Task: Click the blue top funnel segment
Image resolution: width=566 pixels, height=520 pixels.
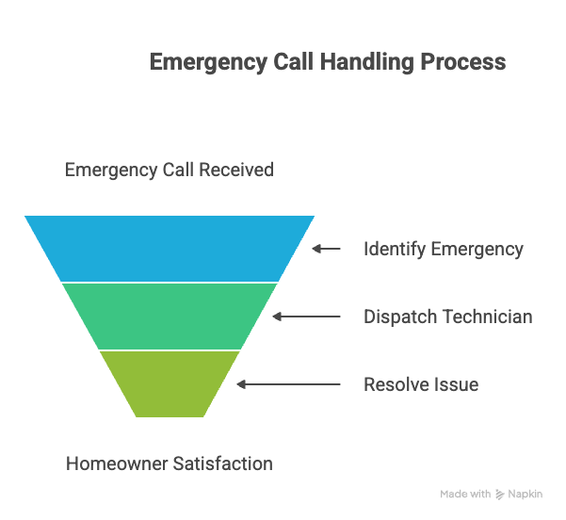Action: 170,248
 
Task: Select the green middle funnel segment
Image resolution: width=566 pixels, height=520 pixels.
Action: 170,316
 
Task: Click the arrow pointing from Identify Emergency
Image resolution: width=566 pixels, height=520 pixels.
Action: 326,249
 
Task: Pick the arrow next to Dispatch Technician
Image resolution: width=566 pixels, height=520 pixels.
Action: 307,317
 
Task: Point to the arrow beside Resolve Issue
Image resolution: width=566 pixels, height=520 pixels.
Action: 288,384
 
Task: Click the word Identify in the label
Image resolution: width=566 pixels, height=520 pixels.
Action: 395,249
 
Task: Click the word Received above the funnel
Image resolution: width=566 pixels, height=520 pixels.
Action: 236,170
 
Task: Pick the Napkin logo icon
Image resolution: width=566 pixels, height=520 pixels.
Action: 499,494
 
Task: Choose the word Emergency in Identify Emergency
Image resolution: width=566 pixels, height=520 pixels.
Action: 477,249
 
